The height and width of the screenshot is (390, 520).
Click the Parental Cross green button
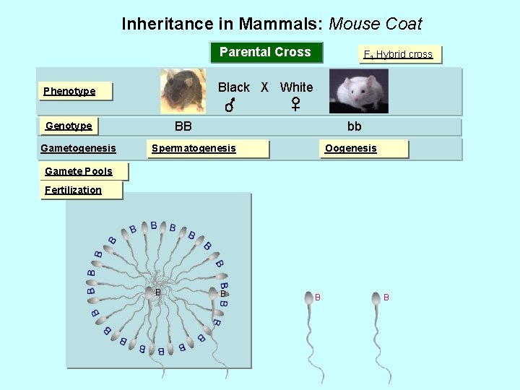coord(265,52)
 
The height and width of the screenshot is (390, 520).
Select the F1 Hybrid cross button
coord(398,54)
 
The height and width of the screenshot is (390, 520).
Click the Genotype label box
coord(69,126)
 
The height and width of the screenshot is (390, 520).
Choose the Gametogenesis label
coord(78,148)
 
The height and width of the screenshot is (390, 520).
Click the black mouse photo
coord(183,91)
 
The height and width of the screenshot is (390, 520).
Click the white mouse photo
coord(358,91)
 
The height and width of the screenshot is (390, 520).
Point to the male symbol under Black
coord(229,107)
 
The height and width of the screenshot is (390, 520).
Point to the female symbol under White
coord(295,105)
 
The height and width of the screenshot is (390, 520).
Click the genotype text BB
coord(183,126)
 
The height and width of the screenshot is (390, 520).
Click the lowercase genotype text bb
coord(354,126)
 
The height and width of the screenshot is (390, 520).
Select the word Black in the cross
coord(233,87)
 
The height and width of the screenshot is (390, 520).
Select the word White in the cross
coord(296,87)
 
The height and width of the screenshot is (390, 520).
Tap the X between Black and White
coord(264,87)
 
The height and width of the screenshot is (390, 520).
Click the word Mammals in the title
coord(280,24)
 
